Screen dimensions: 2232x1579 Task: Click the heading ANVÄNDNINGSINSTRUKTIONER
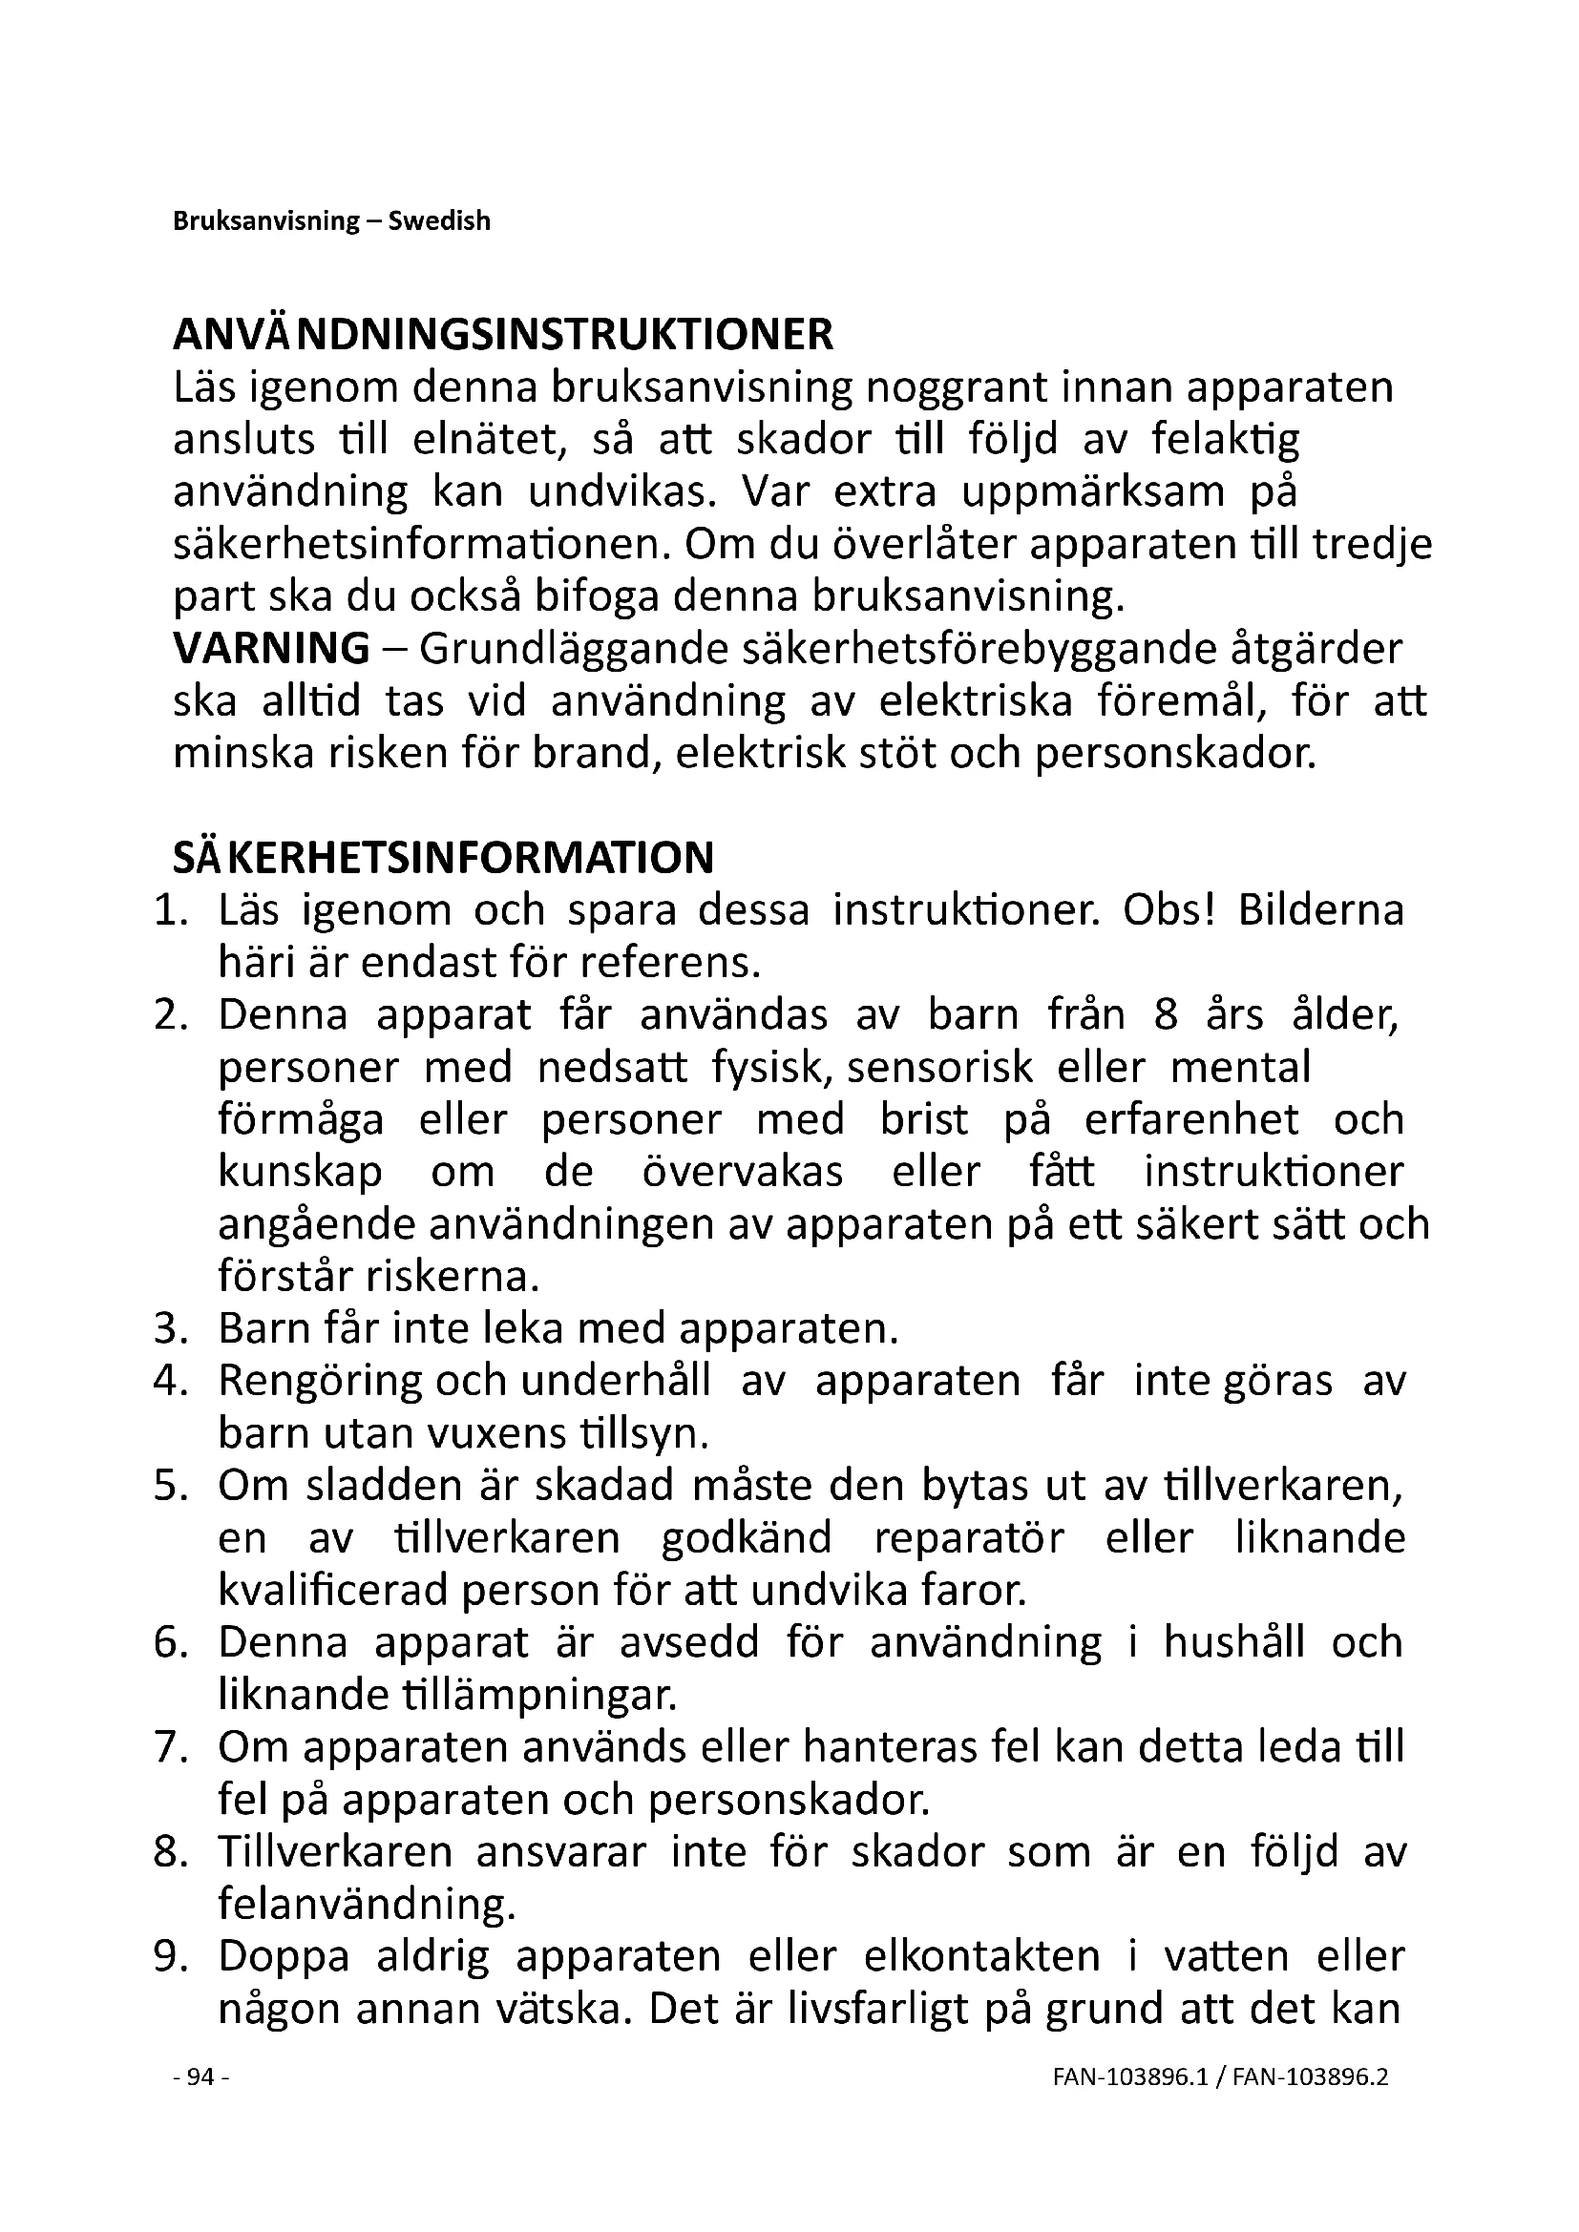tap(503, 334)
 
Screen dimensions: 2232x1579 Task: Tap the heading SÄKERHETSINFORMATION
tap(443, 859)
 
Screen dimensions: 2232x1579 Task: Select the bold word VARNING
tap(271, 648)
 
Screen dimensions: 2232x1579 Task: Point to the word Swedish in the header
tap(439, 221)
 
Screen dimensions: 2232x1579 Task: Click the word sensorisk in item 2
tap(939, 1069)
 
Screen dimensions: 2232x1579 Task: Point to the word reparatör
tap(969, 1539)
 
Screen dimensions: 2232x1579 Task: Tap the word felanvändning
tap(366, 1905)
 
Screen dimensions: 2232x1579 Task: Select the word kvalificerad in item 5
tap(333, 1592)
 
